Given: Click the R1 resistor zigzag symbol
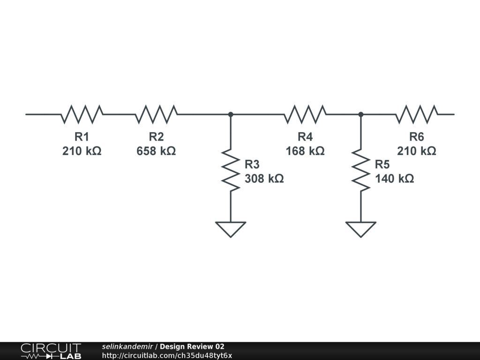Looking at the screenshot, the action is [x=82, y=114].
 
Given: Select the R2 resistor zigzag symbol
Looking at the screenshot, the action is [x=156, y=114].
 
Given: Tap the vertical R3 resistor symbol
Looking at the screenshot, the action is [x=231, y=170].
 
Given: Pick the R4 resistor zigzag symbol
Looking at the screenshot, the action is [x=305, y=114].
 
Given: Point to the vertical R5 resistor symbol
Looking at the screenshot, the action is [x=361, y=170].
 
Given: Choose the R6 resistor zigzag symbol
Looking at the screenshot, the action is [x=417, y=114].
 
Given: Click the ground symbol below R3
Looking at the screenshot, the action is [x=231, y=229].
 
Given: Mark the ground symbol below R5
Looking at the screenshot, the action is [x=361, y=229].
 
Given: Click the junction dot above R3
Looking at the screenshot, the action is [x=231, y=114].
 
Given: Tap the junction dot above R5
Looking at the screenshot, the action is [x=361, y=114].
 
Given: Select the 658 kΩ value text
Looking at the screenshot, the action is [x=156, y=151].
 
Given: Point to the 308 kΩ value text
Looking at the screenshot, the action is [x=264, y=179].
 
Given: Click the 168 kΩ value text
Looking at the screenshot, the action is [x=305, y=151].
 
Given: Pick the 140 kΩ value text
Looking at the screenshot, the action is [x=395, y=179].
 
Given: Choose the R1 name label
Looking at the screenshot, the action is [x=82, y=136].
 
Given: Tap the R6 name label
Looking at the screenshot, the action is [x=417, y=136].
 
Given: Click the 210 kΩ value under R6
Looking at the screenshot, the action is [x=417, y=151].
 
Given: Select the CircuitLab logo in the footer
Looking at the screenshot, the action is [x=51, y=351].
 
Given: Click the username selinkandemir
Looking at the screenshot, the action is [x=127, y=346].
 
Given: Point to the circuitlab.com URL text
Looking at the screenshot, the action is [x=167, y=356].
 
